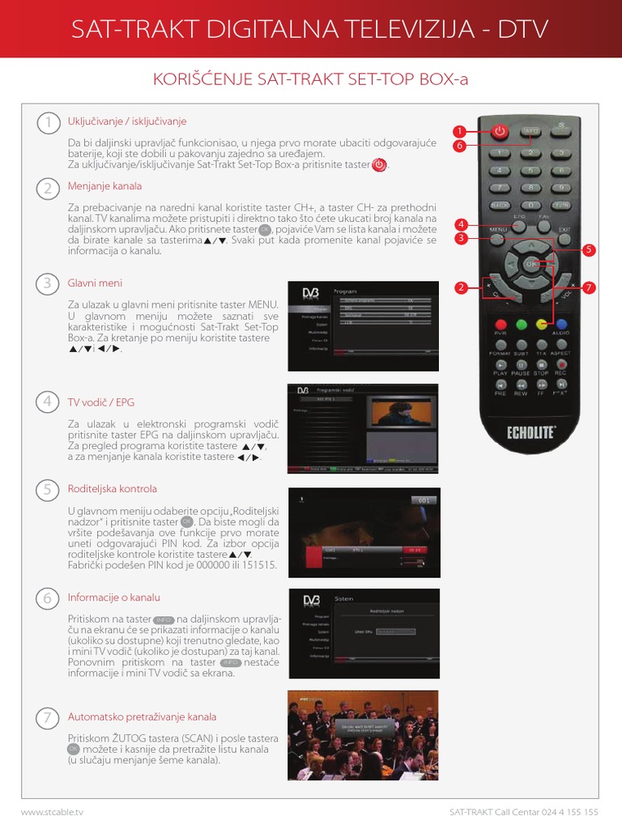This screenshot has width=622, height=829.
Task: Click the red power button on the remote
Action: pos(500,130)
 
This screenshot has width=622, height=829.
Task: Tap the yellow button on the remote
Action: pos(540,325)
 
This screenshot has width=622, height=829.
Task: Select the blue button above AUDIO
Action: pos(560,325)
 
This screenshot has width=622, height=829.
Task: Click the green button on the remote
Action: pos(521,325)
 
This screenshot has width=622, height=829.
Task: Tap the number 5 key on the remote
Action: pos(530,170)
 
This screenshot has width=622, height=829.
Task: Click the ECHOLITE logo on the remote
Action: pos(530,432)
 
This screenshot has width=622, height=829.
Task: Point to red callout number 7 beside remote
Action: pos(589,287)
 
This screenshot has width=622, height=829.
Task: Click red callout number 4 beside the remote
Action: pos(460,224)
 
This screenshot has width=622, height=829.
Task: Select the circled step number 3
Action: pos(48,283)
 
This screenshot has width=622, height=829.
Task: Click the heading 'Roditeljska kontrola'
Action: pos(113,489)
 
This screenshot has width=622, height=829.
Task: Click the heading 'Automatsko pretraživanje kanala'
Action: pos(142,716)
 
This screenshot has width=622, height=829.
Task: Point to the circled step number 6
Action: pos(48,598)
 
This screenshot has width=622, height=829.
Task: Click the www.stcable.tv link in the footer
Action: pos(52,810)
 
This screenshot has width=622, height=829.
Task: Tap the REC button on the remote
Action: pos(560,366)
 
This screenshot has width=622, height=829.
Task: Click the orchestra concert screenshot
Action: pos(363,735)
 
